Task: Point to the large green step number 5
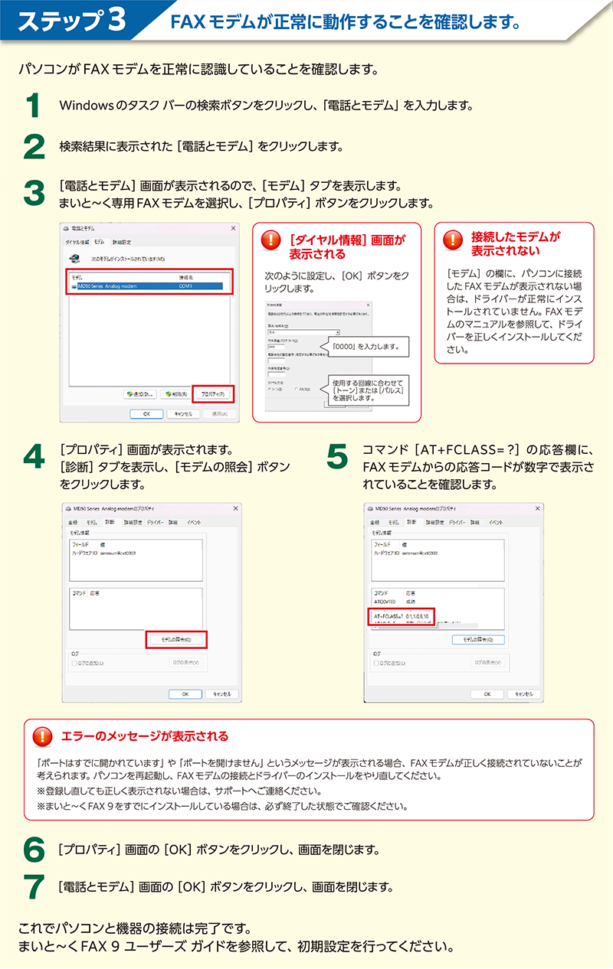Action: point(337,457)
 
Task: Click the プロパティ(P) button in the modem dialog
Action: point(212,393)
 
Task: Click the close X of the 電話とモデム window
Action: point(233,229)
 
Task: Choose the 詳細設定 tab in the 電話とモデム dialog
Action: point(121,242)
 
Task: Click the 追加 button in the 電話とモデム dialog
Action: point(140,393)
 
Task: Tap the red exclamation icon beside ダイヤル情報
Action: point(271,241)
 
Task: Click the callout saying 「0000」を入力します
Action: point(367,347)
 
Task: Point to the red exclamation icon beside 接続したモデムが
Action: point(454,240)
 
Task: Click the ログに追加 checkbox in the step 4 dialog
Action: point(74,663)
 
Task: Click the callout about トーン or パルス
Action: point(367,390)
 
